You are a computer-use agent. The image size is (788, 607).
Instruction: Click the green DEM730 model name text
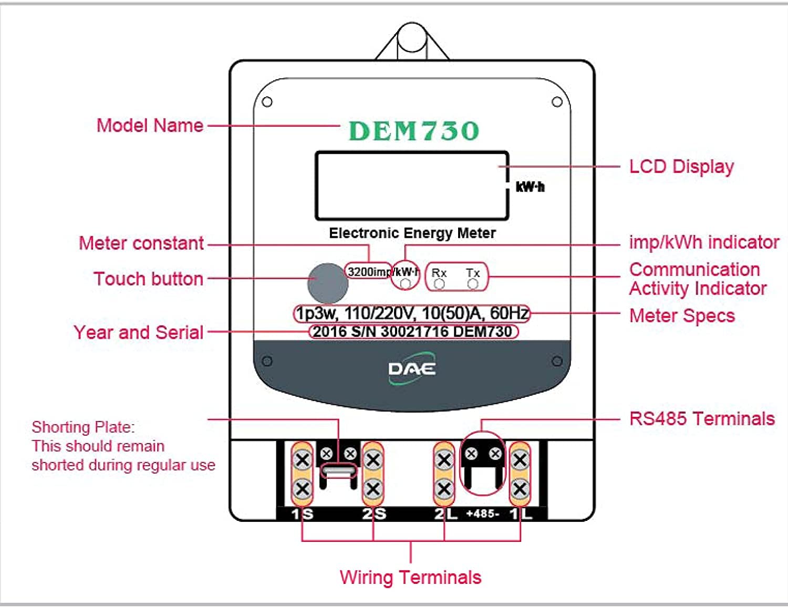[413, 131]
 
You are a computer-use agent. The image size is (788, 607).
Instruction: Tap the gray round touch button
[327, 282]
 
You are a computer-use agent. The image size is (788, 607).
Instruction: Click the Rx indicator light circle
[439, 284]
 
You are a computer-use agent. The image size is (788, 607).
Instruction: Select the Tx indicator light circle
[473, 284]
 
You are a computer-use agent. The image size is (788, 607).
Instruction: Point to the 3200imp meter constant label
[368, 271]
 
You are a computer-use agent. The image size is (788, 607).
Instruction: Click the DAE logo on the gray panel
[412, 369]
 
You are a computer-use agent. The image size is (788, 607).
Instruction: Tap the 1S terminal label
[302, 514]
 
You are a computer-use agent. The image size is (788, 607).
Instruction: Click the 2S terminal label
[374, 514]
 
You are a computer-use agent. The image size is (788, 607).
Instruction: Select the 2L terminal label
[445, 514]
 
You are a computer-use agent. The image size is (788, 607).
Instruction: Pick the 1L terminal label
[521, 514]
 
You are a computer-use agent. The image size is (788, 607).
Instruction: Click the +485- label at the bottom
[482, 514]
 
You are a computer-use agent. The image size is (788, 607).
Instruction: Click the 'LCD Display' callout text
[681, 166]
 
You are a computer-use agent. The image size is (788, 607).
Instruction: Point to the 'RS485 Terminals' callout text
[702, 418]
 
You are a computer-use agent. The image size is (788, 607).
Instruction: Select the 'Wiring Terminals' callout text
[410, 577]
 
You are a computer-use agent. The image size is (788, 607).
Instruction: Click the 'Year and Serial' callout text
[138, 332]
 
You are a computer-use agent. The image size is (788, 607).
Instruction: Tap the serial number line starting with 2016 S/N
[413, 332]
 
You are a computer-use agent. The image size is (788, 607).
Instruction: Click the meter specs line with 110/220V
[412, 313]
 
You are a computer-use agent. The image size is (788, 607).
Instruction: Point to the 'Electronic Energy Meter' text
[412, 233]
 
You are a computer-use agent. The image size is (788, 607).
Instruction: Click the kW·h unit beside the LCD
[530, 187]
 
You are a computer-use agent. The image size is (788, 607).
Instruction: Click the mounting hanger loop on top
[412, 39]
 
